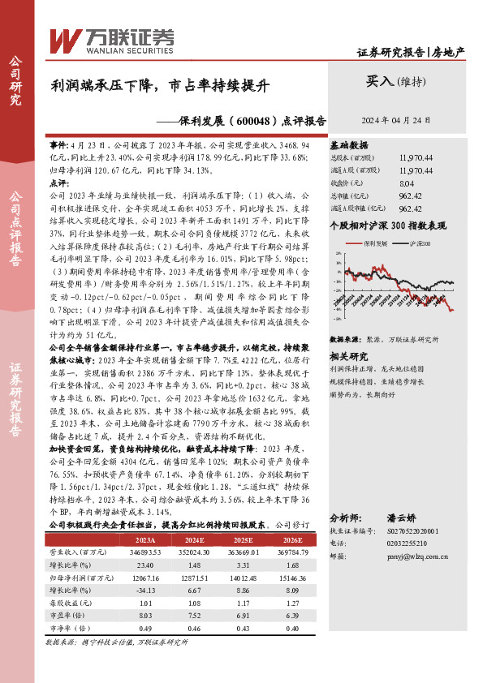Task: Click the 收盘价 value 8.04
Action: pos(407,183)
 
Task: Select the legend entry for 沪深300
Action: pos(417,242)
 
